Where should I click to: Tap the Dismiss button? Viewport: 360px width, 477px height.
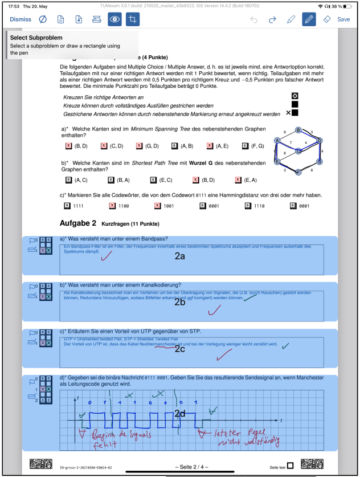21,19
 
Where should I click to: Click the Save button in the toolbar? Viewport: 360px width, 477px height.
343,19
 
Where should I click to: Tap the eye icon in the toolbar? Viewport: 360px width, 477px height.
115,19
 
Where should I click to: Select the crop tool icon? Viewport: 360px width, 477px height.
132,19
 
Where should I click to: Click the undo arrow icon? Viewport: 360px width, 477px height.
254,19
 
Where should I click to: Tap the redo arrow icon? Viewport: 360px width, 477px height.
272,19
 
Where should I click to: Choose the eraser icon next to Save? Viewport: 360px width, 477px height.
326,19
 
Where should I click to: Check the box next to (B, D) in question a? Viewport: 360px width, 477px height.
69,146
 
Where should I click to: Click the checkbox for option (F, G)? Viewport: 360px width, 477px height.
245,146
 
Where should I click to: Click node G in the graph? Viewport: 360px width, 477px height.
320,161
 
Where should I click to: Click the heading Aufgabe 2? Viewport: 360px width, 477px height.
78,222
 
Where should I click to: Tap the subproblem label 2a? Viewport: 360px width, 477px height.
179,257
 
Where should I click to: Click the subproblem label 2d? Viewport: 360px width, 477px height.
179,413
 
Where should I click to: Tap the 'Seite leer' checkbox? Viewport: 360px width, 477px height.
291,466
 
